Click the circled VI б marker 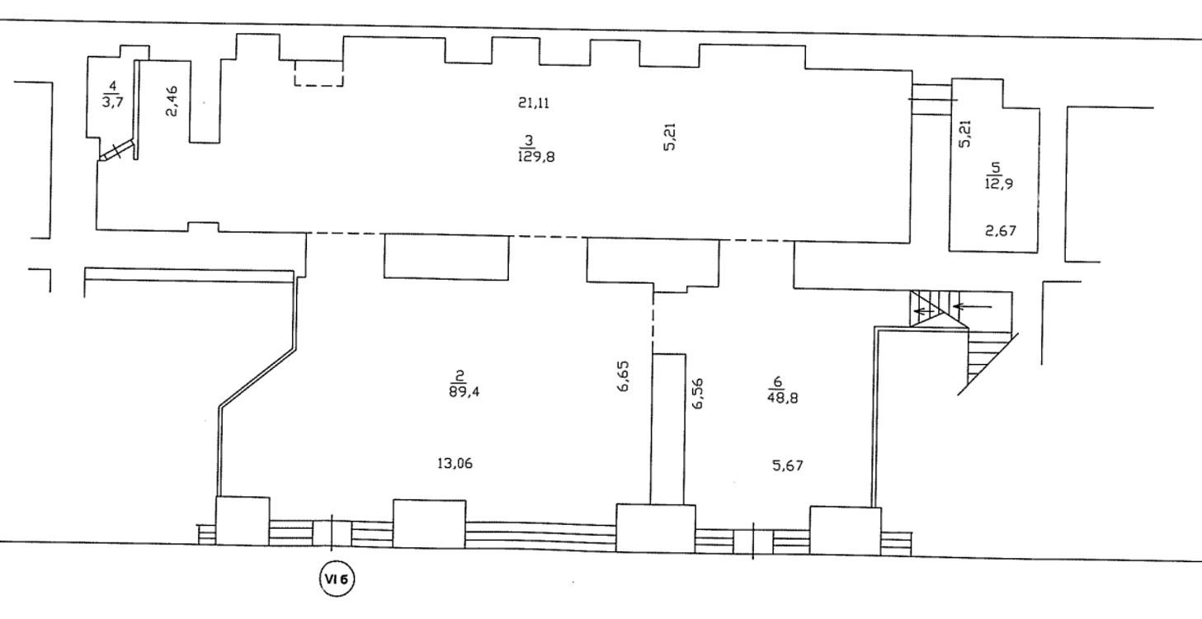[337, 579]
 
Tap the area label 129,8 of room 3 [536, 157]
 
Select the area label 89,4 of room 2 [464, 392]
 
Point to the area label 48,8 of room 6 [782, 398]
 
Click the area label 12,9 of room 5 [998, 183]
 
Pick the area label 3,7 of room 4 [113, 102]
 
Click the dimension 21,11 [534, 102]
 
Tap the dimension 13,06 [455, 463]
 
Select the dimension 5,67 [788, 465]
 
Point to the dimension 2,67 [1001, 231]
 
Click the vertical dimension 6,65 [623, 376]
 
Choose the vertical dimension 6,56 [697, 394]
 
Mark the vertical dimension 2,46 [172, 102]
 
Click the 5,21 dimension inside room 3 [670, 137]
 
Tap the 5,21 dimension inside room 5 [965, 133]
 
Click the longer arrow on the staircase [972, 307]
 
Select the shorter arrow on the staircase [923, 311]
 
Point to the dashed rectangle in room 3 [318, 73]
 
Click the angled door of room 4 [116, 151]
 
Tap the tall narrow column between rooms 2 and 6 [668, 429]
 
